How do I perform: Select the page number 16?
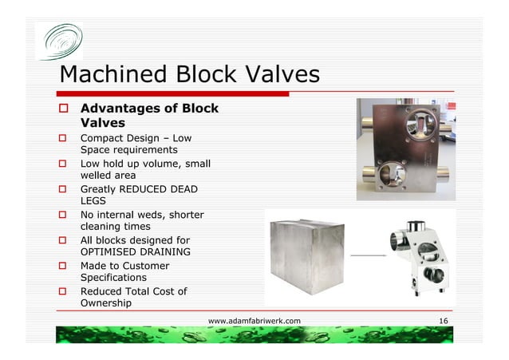point(444,321)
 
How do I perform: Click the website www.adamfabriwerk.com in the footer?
point(254,321)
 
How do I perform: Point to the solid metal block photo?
point(306,256)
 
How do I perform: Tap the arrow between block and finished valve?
point(369,255)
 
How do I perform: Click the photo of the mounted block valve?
point(404,148)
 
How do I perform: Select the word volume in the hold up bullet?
point(162,164)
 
